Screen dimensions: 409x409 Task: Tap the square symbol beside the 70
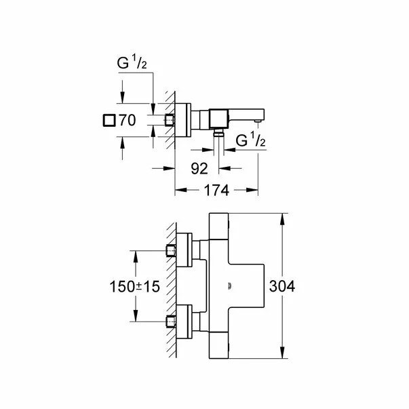106,121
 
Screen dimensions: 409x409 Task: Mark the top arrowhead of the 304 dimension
283,218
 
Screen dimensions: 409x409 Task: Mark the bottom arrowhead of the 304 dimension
283,355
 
